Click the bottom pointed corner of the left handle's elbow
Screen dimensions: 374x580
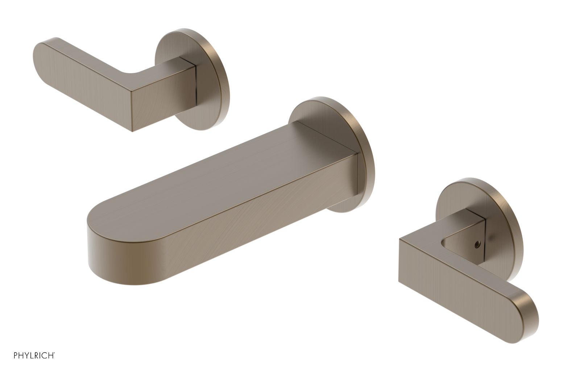tap(132, 130)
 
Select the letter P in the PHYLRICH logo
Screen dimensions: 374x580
tap(16, 365)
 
